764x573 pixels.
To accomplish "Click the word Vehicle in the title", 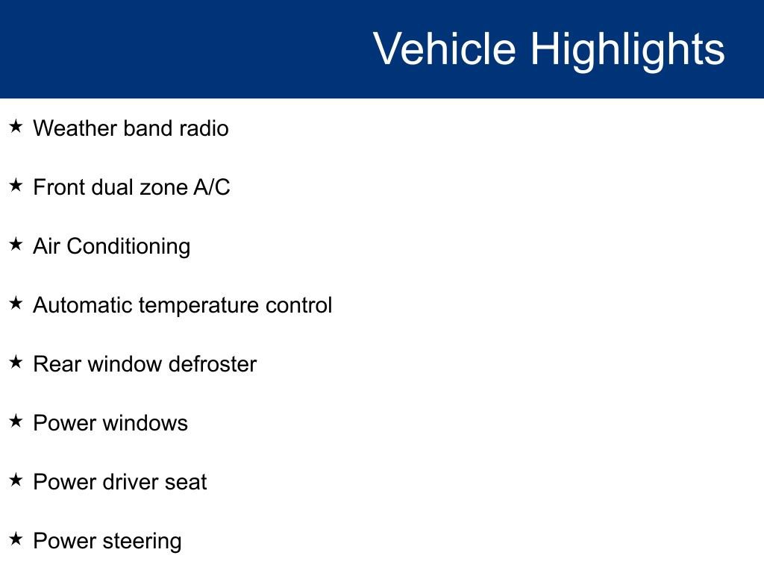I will [444, 49].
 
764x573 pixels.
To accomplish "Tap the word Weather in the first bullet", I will [75, 128].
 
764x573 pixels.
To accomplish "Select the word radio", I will [204, 128].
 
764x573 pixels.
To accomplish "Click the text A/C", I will [212, 187].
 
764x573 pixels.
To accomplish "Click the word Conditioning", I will [128, 247].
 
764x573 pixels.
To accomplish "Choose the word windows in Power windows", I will [145, 423].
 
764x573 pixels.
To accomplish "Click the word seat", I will [186, 483].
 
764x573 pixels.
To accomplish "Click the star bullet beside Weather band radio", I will [16, 127].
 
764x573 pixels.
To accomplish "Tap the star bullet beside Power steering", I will [16, 539].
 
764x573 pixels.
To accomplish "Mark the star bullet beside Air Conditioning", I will [16, 245].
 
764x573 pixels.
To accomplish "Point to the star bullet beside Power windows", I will [16, 422].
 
